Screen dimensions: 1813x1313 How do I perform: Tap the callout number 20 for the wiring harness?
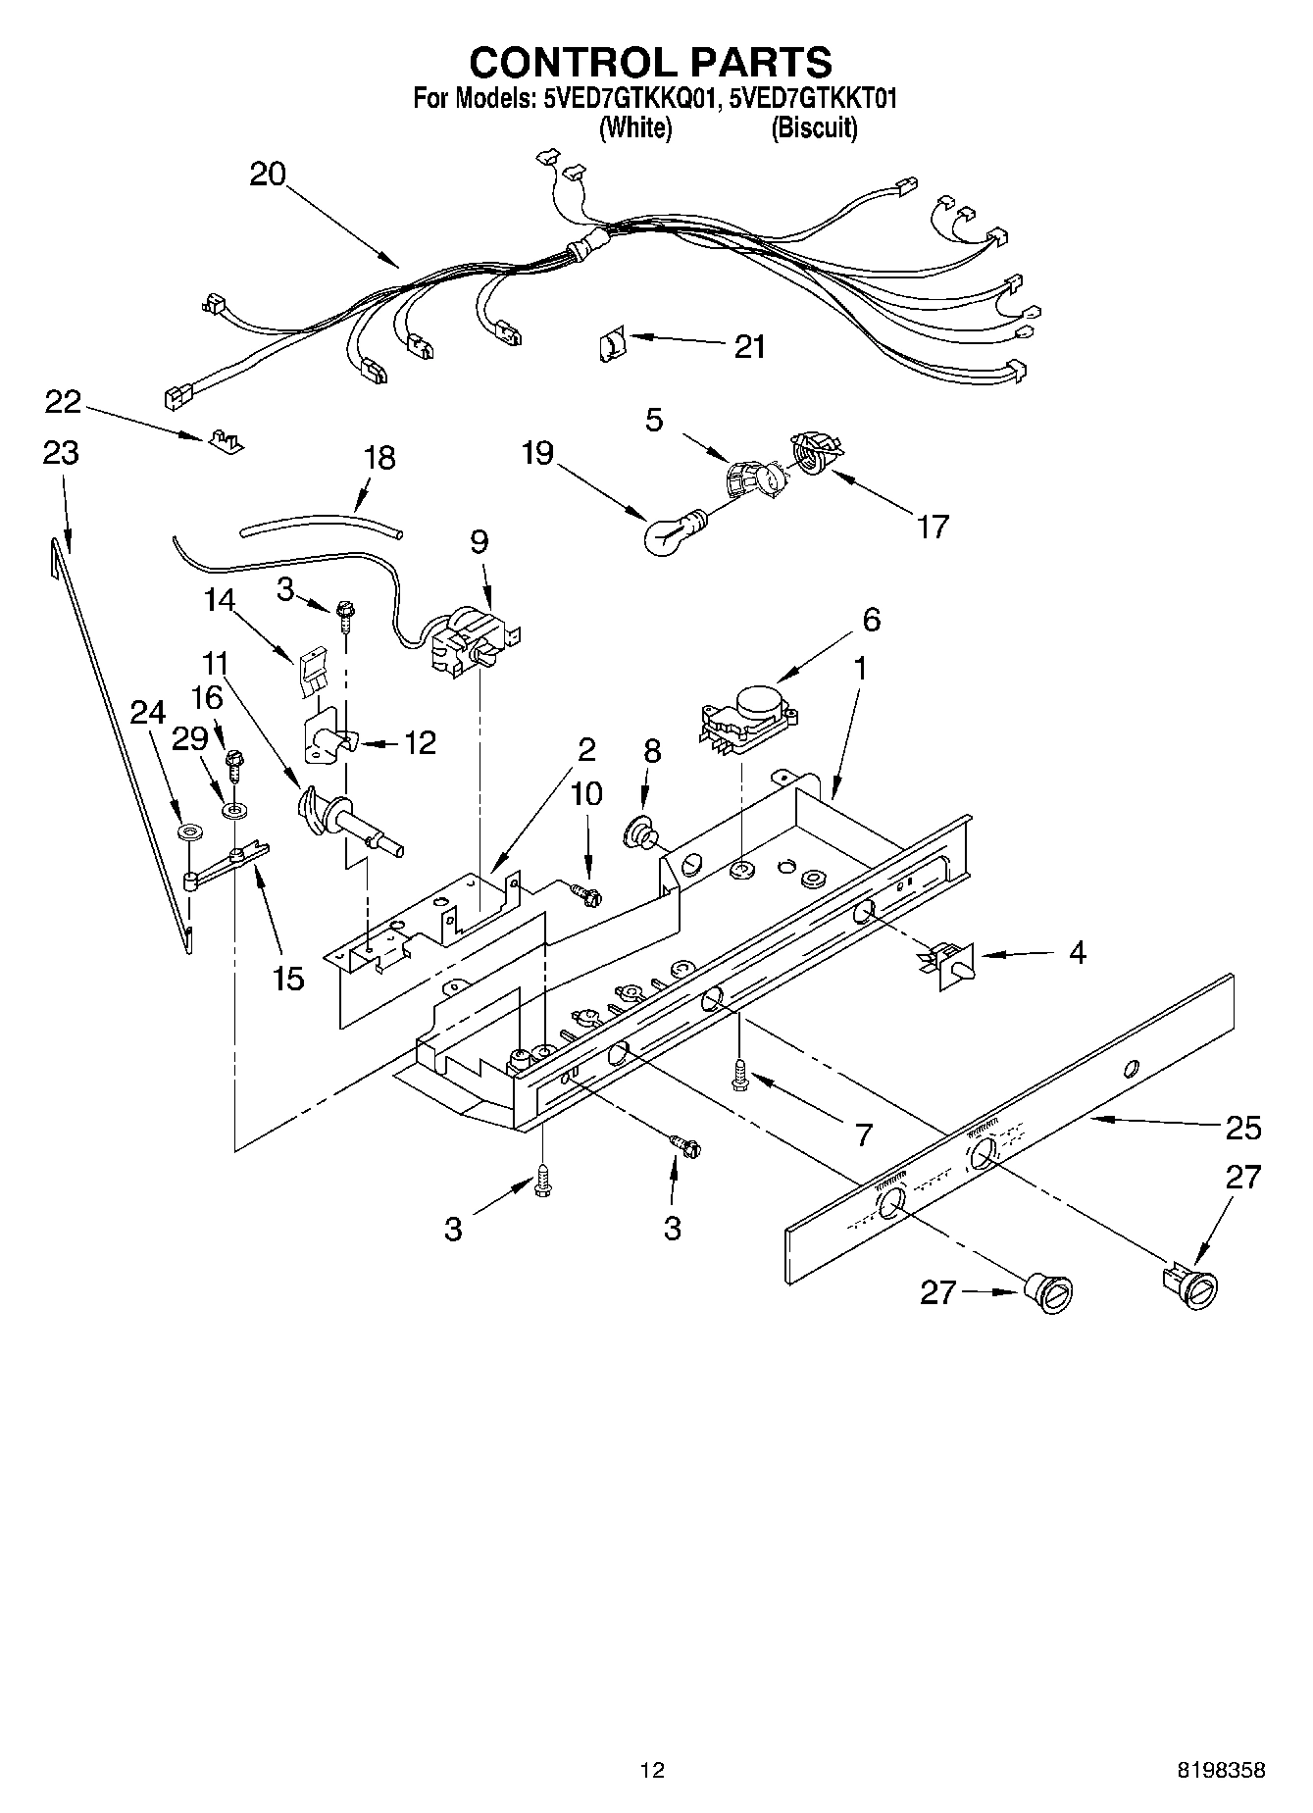(x=267, y=175)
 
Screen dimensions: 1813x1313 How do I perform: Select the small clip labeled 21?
(x=610, y=345)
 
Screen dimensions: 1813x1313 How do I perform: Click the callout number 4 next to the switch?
(x=1077, y=952)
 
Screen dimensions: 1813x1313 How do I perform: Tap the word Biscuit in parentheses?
(x=814, y=127)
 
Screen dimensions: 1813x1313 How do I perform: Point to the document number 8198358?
(x=1221, y=1770)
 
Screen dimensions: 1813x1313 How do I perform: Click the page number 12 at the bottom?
(x=652, y=1770)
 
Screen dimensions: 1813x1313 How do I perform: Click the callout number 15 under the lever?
(x=288, y=978)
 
